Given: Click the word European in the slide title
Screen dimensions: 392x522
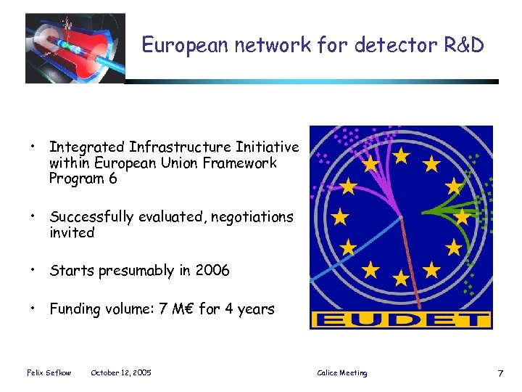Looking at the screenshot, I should point(175,46).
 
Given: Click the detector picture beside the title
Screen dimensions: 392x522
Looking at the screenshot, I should point(75,48).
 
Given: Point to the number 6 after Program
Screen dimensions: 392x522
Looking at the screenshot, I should point(112,179).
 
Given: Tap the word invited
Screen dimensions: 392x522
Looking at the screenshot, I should point(72,233).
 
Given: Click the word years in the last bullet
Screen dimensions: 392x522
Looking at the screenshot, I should point(255,310).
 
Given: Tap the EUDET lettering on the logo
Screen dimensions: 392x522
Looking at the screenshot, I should point(401,319).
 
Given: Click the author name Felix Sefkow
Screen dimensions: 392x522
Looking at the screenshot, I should point(49,373).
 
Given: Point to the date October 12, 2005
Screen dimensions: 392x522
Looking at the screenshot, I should point(121,373).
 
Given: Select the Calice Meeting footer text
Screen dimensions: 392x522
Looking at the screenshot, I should point(342,373).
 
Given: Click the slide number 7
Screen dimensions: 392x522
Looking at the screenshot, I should point(500,373).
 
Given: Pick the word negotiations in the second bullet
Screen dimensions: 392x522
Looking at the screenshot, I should point(252,217).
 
